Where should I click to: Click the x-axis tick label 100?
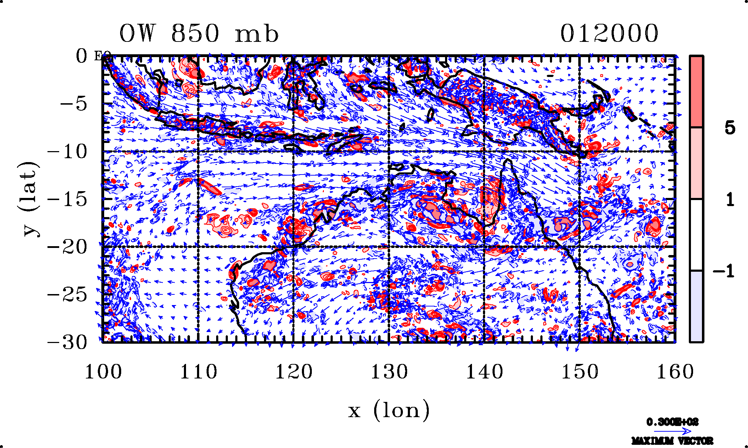point(103,372)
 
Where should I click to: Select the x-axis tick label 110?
point(198,372)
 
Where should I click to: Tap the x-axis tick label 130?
point(389,372)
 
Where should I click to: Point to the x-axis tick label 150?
point(580,372)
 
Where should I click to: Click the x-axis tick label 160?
point(675,372)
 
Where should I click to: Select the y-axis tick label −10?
point(67,152)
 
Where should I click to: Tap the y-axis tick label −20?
point(67,247)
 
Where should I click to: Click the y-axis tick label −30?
point(67,342)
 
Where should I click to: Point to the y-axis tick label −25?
point(67,294)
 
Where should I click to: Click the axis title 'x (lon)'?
point(389,410)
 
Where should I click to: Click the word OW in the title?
point(137,34)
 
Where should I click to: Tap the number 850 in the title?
point(195,34)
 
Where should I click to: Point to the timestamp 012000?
point(609,34)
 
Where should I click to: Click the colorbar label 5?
point(730,128)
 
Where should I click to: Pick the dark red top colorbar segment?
point(696,91)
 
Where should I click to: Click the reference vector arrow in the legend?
point(672,431)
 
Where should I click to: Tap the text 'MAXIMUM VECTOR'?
point(672,441)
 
